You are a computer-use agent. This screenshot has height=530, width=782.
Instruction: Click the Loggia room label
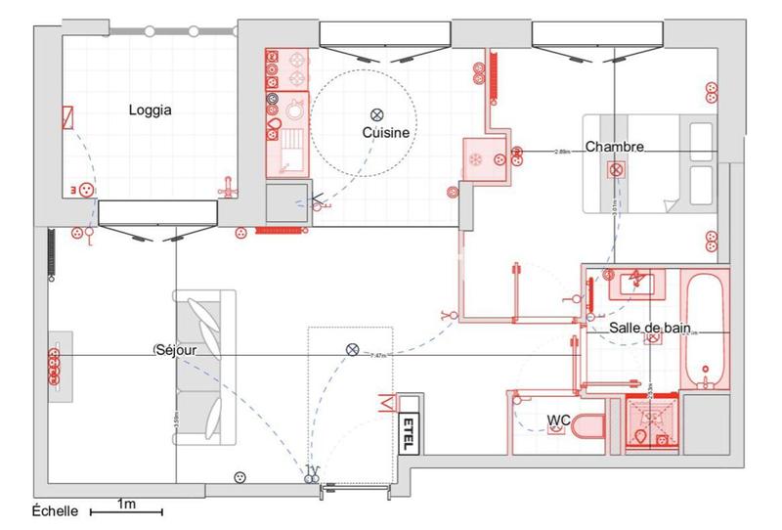tap(151, 110)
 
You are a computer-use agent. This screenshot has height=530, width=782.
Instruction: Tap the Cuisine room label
tap(385, 132)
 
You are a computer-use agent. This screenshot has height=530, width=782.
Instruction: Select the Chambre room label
tap(615, 148)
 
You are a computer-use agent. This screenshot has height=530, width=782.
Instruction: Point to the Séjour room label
tap(177, 349)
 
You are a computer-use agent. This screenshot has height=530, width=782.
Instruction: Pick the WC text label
tap(558, 420)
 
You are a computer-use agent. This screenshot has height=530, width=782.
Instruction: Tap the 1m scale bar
tap(126, 510)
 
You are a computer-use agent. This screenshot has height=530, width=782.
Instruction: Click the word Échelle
tap(57, 510)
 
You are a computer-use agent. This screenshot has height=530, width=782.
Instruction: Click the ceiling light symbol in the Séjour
tap(352, 349)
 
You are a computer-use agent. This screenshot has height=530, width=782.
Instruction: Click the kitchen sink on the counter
tap(290, 151)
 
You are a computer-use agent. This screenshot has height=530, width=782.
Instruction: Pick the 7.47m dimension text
tap(380, 355)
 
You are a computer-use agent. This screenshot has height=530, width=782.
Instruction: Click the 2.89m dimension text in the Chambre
tap(562, 152)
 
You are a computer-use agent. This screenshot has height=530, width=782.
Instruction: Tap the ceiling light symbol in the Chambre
tap(617, 170)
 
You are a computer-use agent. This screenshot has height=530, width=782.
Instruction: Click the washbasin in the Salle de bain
tap(634, 285)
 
